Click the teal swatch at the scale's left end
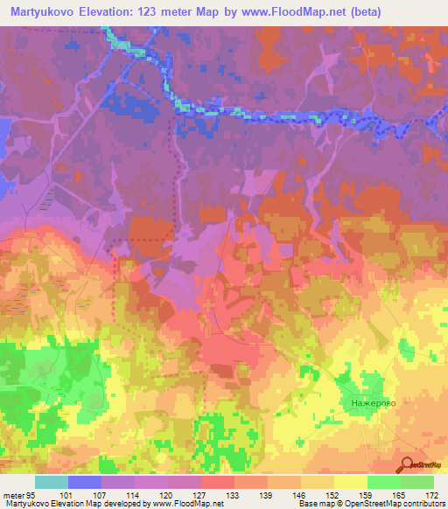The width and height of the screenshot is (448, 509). (52, 482)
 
